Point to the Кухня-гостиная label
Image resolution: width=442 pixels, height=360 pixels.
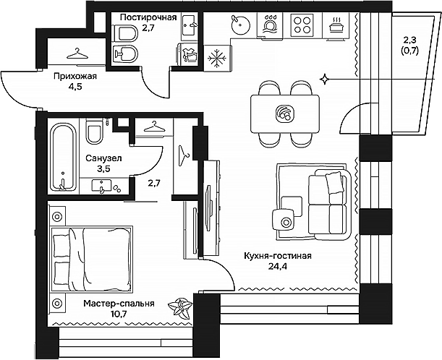tap(277, 255)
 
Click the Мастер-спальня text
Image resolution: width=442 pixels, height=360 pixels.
tap(118, 304)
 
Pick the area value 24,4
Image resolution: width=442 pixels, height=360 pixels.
tap(277, 266)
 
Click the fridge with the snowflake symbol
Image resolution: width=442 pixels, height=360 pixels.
tap(216, 56)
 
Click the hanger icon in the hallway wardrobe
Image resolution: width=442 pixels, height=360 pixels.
tap(76, 53)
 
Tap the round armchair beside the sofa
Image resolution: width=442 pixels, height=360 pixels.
tap(286, 220)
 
